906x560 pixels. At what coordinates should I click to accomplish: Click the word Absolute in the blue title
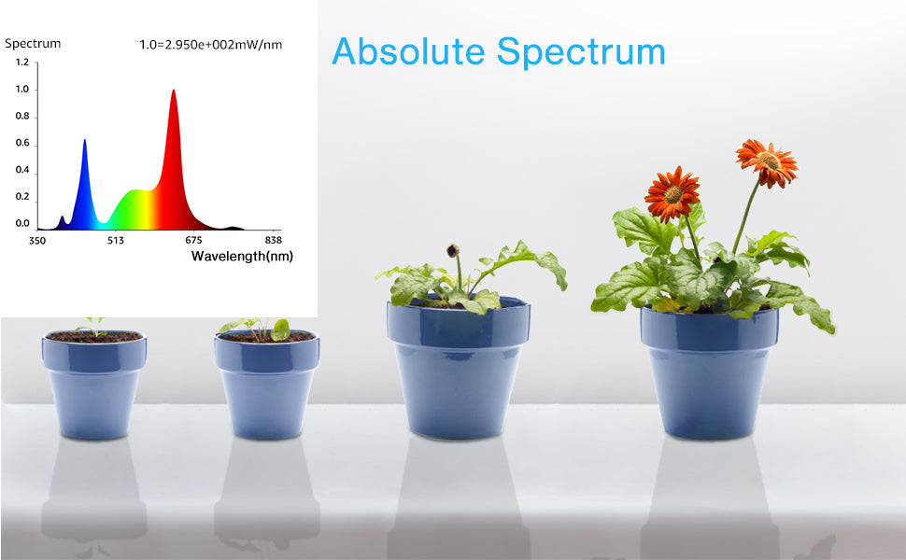[x=408, y=51]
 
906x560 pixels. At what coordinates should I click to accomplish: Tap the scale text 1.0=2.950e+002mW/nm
[x=211, y=45]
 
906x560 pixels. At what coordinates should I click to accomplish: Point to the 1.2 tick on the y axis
[x=22, y=63]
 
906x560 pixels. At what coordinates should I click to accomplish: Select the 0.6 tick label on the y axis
[x=22, y=143]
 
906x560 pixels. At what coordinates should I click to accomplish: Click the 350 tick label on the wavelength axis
[x=37, y=240]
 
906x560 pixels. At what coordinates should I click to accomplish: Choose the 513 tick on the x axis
[x=116, y=240]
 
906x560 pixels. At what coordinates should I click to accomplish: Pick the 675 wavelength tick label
[x=193, y=240]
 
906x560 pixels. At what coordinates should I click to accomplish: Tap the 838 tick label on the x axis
[x=273, y=240]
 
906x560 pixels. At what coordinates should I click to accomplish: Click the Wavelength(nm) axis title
[x=242, y=257]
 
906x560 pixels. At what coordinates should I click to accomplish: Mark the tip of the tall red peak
[x=174, y=90]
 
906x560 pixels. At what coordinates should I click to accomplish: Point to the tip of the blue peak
[x=84, y=140]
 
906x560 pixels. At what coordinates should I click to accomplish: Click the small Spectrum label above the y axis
[x=33, y=43]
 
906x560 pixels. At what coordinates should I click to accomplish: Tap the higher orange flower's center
[x=768, y=161]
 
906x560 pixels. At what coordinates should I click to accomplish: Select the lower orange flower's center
[x=672, y=194]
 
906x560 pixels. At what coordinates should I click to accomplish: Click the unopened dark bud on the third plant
[x=453, y=250]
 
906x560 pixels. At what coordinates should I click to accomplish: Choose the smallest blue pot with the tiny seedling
[x=93, y=385]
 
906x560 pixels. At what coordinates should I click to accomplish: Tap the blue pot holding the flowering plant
[x=709, y=372]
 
